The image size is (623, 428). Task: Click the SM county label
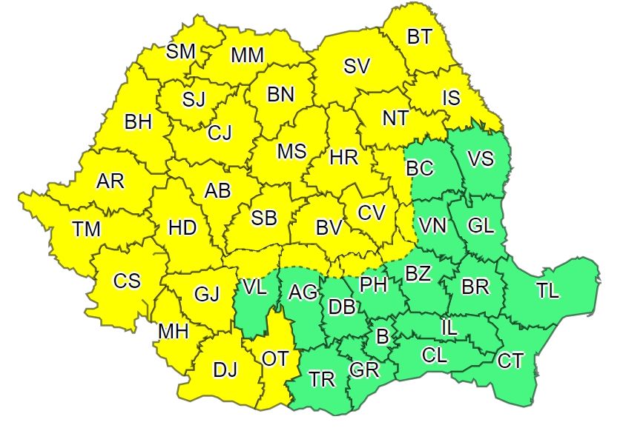coord(181,51)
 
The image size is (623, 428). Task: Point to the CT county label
coord(510,361)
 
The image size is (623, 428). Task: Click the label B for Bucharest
coord(383,337)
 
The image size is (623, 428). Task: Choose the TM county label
coord(87,230)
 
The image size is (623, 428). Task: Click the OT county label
coord(275,358)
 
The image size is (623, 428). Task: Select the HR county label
coord(343,157)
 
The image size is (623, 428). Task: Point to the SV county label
coord(357,66)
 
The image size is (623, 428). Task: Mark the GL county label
coord(481,226)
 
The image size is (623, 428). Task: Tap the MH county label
coord(172,332)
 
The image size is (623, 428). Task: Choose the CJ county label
coord(220,133)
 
